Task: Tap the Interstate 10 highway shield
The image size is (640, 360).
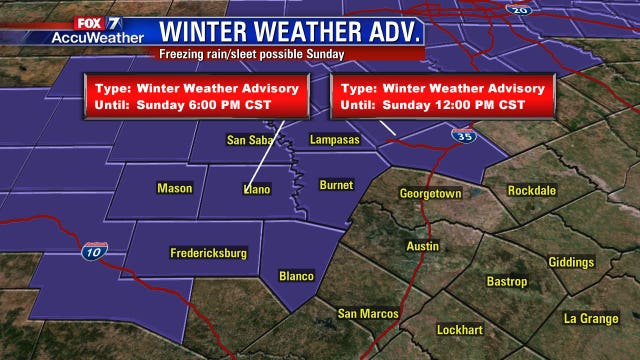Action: click(x=95, y=250)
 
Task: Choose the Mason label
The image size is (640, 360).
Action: click(x=174, y=188)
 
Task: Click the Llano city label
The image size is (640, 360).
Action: click(x=257, y=188)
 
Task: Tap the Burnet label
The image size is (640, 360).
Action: click(x=336, y=185)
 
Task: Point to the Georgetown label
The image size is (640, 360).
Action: click(x=430, y=193)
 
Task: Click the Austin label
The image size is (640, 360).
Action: click(x=423, y=246)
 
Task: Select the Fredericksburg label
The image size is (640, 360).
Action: click(x=208, y=254)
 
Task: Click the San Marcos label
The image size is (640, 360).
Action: click(x=368, y=314)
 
